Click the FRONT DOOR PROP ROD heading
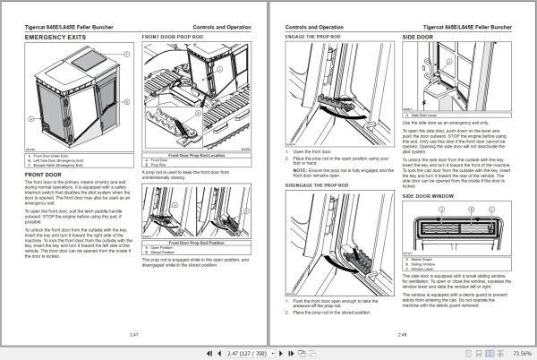(x=176, y=38)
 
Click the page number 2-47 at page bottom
(x=134, y=333)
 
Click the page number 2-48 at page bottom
(x=401, y=333)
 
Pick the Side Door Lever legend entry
(x=429, y=115)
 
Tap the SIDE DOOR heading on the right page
(x=417, y=38)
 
